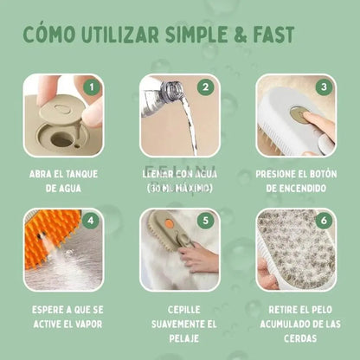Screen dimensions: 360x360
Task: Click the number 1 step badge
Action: tap(90, 87)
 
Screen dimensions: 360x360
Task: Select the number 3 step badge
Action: tap(322, 87)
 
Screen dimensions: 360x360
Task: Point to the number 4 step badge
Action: tap(90, 220)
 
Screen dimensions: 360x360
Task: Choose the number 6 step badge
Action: tap(322, 220)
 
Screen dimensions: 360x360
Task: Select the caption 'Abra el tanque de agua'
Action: tap(63, 180)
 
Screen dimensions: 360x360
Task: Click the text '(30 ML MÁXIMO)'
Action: tap(179, 188)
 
